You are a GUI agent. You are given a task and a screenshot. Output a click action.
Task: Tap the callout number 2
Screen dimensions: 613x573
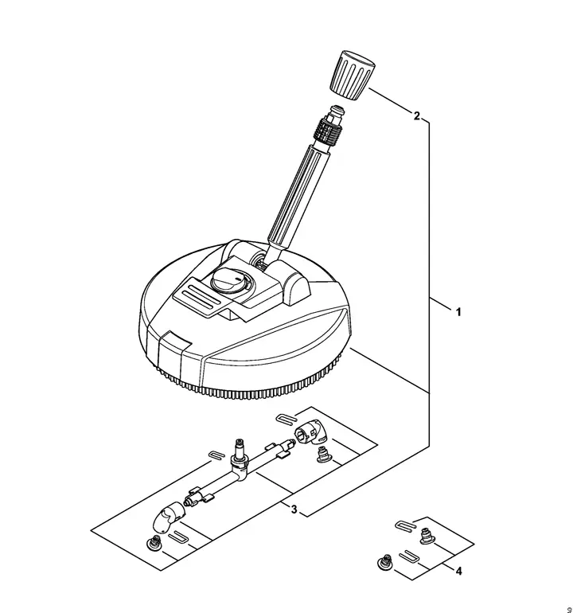point(416,116)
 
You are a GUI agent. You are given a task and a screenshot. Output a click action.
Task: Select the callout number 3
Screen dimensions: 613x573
point(294,510)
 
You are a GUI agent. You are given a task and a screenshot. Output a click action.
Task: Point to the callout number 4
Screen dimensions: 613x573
point(459,570)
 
